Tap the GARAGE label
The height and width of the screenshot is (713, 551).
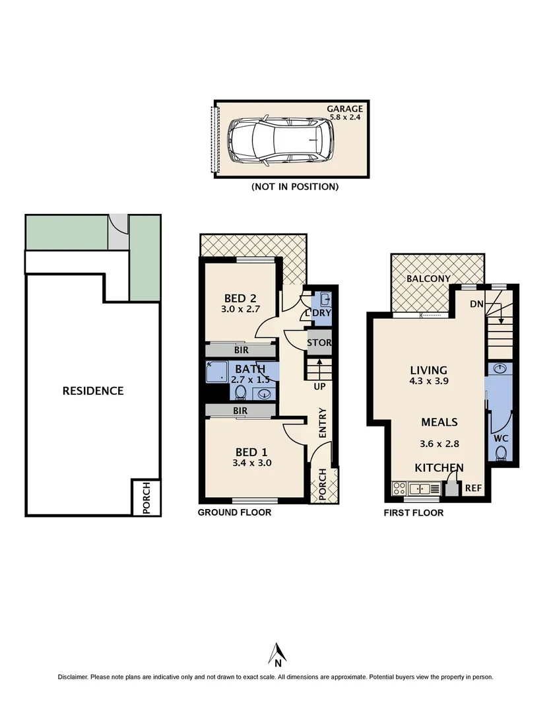[x=344, y=109]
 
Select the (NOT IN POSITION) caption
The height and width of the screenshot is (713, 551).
[x=295, y=187]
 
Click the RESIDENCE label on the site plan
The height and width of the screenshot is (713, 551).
[x=93, y=391]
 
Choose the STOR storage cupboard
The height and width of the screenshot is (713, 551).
[x=319, y=343]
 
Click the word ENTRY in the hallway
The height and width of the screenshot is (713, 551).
[x=323, y=423]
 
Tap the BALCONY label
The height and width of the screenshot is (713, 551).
[x=428, y=279]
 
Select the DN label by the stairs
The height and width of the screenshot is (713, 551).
[x=476, y=304]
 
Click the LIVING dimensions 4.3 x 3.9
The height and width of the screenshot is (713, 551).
[x=429, y=381]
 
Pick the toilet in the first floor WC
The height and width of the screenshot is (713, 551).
[x=502, y=453]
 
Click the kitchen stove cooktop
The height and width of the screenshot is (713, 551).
[x=399, y=489]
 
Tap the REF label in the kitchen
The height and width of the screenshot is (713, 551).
[x=473, y=489]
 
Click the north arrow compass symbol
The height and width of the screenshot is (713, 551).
[x=278, y=653]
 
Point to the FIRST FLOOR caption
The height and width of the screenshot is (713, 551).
[x=414, y=512]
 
